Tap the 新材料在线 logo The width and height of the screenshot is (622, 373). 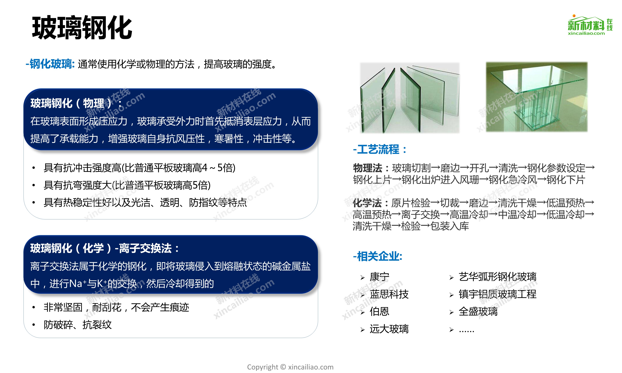pos(590,25)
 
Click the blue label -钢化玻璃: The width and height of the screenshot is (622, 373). pos(50,64)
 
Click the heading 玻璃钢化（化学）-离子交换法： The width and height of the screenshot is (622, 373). pos(105,248)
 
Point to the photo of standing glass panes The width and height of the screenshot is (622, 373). pos(410,98)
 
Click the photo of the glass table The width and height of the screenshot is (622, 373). pos(537,97)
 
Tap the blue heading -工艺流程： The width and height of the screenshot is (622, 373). pos(380,149)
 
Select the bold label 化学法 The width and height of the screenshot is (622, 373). pos(367,203)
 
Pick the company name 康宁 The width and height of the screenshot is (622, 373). pos(379,277)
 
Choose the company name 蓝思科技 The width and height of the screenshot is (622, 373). pos(389,294)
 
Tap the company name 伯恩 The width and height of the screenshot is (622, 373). pos(379,311)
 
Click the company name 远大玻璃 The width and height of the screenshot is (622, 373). pos(389,329)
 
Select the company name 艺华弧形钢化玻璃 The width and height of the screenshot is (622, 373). pos(498,277)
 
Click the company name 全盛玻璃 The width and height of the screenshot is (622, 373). pos(478,311)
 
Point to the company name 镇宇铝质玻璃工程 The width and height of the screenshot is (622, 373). pos(498,294)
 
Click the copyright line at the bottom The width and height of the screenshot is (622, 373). pos(290,367)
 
